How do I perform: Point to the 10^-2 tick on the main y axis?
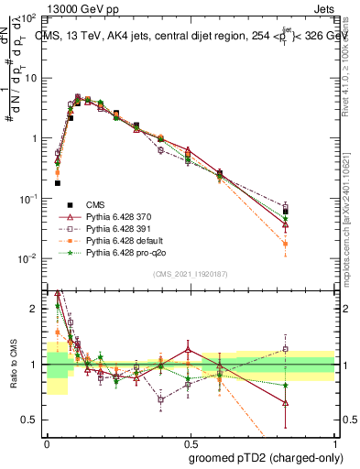pos(30,258)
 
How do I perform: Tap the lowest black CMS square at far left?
pos(57,183)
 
